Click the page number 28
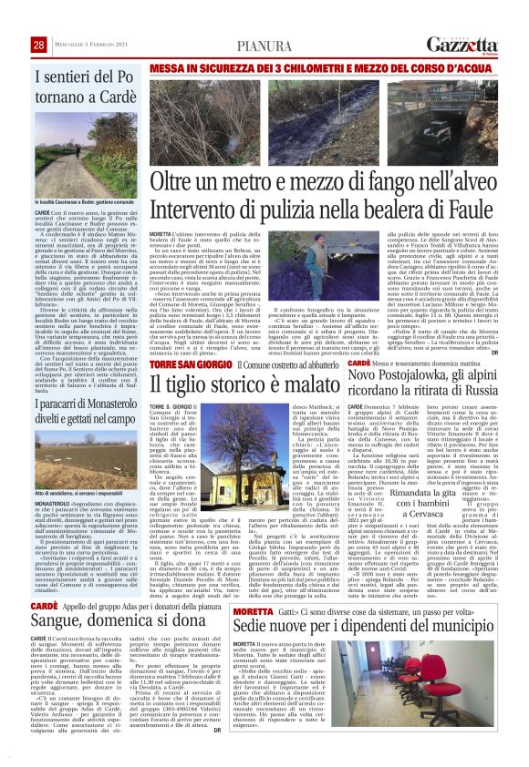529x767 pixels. [x=38, y=45]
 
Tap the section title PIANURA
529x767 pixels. [x=264, y=46]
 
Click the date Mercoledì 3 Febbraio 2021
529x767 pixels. [x=88, y=46]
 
